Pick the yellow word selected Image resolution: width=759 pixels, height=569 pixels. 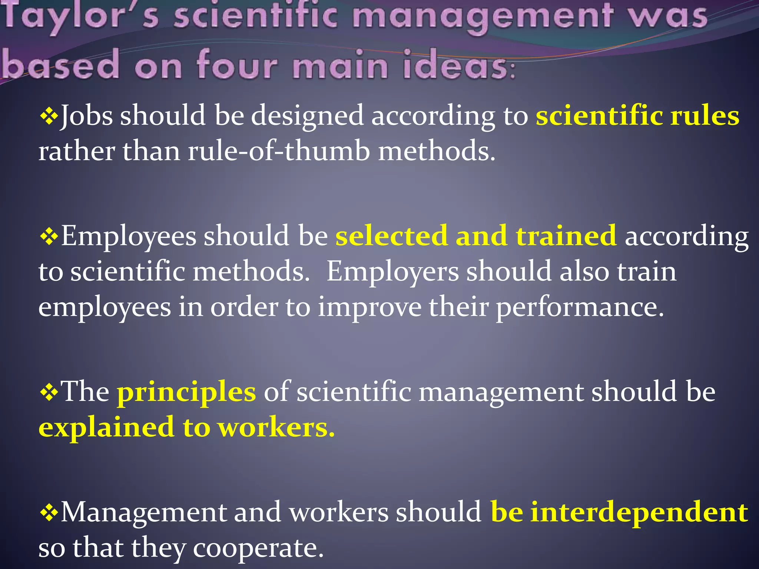pos(391,236)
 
